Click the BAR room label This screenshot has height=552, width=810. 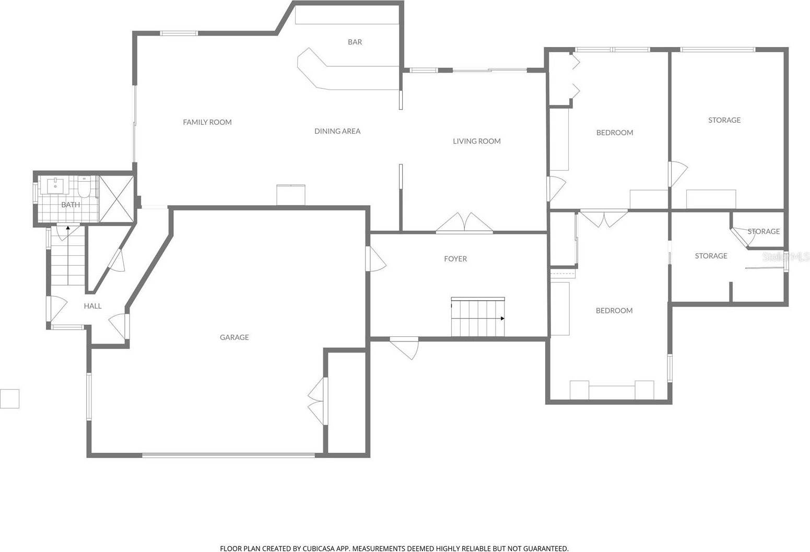tap(355, 42)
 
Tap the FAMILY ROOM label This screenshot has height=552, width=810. tap(207, 122)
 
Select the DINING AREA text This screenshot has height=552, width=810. tap(337, 131)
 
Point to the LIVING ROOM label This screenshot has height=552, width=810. tap(476, 141)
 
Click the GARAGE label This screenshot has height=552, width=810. tap(234, 337)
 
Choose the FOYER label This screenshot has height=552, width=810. tap(455, 259)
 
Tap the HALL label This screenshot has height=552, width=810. tap(92, 306)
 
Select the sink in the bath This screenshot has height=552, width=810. tap(55, 185)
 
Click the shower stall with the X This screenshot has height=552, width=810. tap(116, 199)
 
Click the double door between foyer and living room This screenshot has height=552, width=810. tap(464, 223)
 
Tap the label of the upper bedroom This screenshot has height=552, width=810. tap(614, 133)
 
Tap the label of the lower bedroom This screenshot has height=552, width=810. tap(614, 311)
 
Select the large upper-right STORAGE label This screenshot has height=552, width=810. tap(724, 120)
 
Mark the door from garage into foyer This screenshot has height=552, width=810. tap(375, 259)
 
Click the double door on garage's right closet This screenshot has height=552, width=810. tap(318, 401)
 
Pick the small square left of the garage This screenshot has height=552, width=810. tap(9, 398)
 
